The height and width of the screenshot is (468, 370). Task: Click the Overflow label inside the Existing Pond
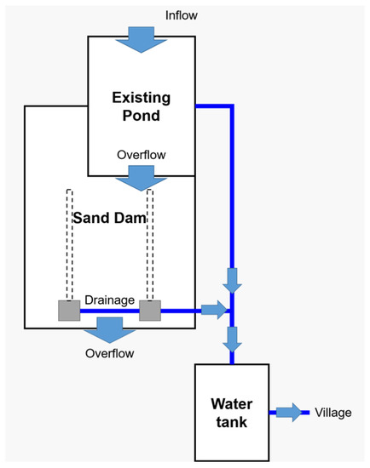point(141,155)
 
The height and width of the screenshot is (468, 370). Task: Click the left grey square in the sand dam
point(69,311)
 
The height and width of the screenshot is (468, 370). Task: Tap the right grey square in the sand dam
point(150,311)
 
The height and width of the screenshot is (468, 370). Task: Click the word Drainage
point(108,300)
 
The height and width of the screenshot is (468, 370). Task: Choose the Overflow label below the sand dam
point(109,352)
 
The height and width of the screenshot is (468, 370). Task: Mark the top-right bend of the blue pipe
point(231,106)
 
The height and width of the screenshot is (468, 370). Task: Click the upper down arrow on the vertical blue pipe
point(231,278)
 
